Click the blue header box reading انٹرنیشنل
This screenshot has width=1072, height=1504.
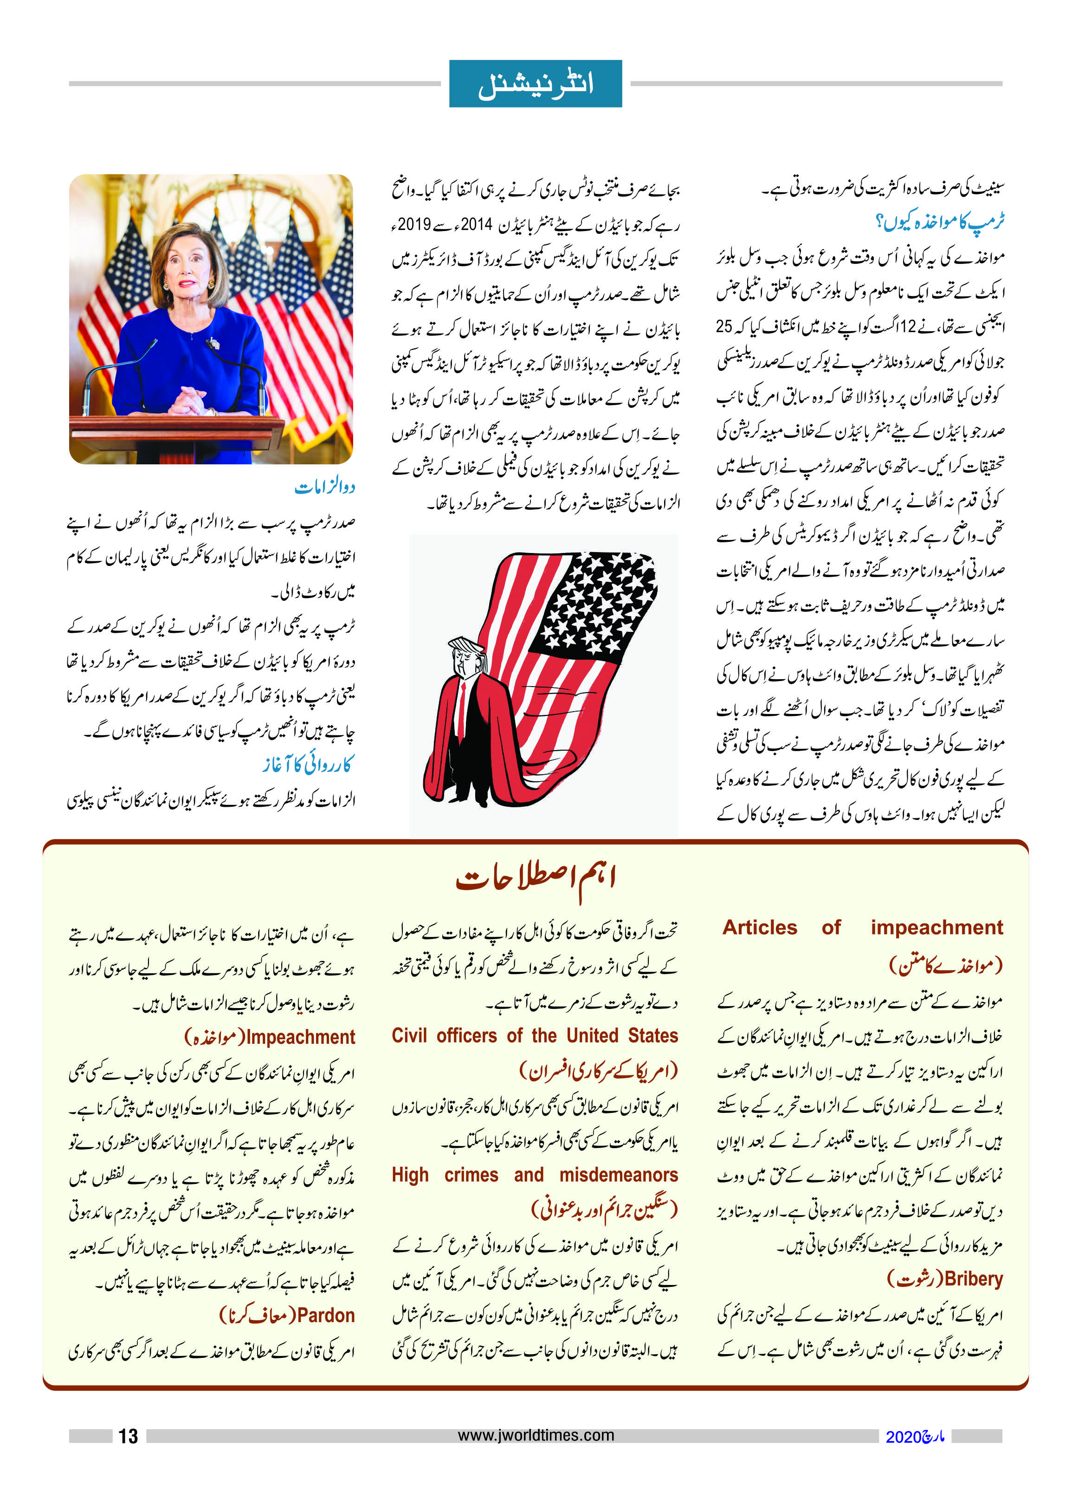click(536, 84)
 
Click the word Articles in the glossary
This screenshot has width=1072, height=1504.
click(760, 927)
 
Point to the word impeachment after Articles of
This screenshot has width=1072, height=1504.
click(936, 927)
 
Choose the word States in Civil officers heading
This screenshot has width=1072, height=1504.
click(653, 1035)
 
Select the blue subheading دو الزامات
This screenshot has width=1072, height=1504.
click(325, 487)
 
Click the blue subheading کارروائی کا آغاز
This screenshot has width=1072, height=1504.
click(308, 764)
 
